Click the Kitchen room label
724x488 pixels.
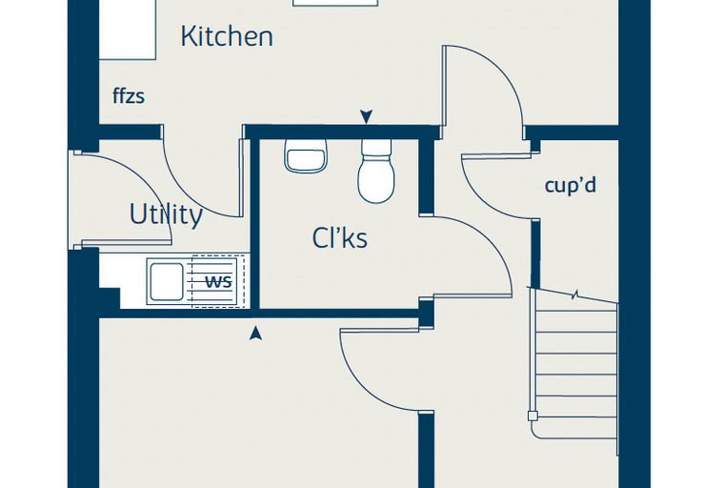click(x=227, y=36)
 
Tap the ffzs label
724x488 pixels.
click(x=129, y=96)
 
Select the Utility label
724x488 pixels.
click(x=166, y=214)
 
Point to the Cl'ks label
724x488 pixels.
click(x=340, y=238)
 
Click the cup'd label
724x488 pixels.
click(x=571, y=185)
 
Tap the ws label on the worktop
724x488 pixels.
click(x=218, y=281)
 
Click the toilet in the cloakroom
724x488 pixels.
click(x=376, y=171)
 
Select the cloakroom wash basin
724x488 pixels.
click(x=306, y=155)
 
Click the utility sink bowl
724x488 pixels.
click(x=167, y=281)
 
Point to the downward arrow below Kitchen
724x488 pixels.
click(x=366, y=117)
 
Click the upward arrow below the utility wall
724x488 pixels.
click(x=255, y=334)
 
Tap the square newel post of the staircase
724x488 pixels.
click(x=533, y=416)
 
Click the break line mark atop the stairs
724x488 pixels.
click(x=575, y=295)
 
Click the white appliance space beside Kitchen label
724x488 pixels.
click(x=128, y=30)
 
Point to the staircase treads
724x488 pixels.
click(x=575, y=363)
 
